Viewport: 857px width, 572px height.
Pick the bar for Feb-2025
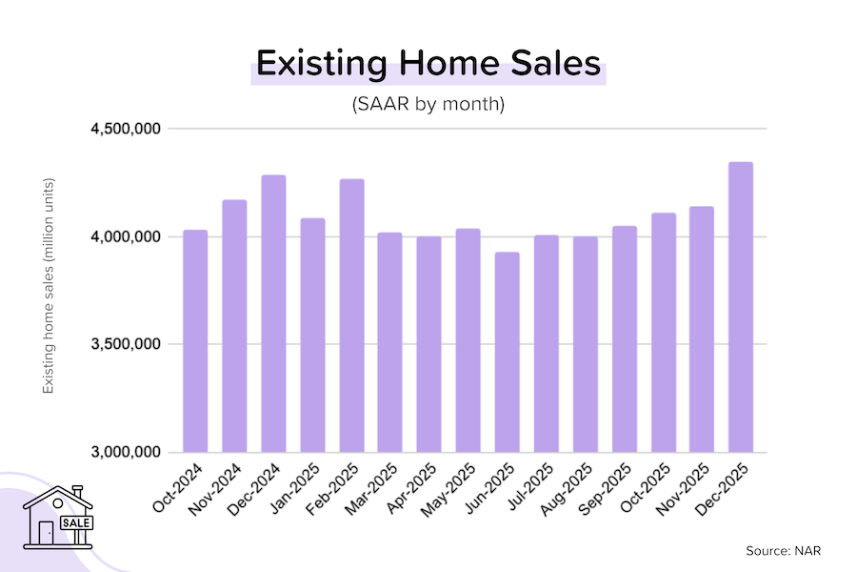click(x=351, y=315)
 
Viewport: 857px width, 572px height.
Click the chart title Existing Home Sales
click(x=428, y=65)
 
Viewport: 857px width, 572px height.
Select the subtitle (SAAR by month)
click(x=428, y=104)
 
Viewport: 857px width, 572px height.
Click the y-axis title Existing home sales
click(x=48, y=286)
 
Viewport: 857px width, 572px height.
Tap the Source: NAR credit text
click(x=784, y=550)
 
